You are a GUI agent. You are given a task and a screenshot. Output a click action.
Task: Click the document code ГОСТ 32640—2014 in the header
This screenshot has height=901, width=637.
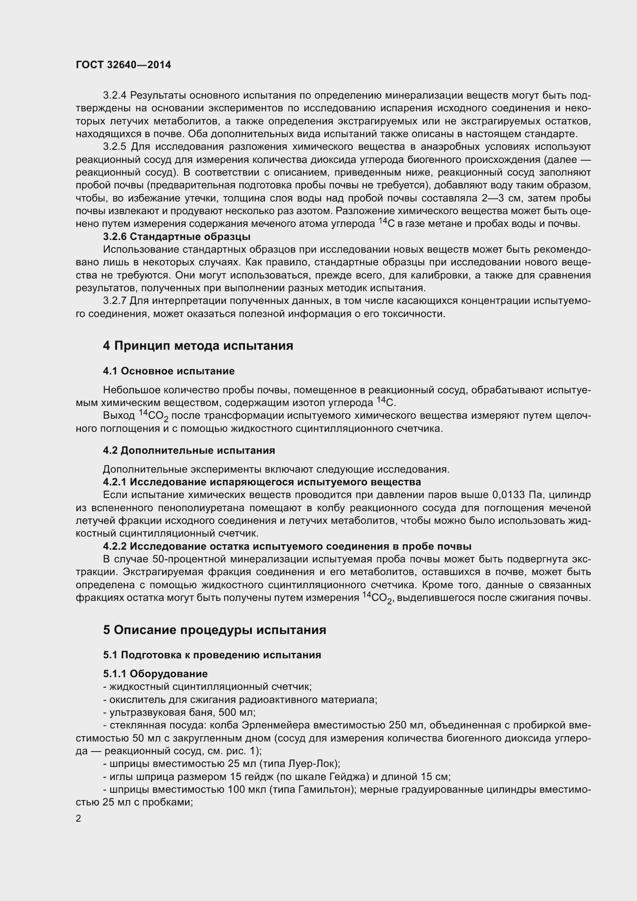pyautogui.click(x=123, y=65)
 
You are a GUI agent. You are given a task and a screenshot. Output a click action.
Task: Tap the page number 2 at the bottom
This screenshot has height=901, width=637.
pyautogui.click(x=79, y=818)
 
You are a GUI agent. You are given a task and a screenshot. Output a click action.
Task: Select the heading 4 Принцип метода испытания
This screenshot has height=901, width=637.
pyautogui.click(x=198, y=346)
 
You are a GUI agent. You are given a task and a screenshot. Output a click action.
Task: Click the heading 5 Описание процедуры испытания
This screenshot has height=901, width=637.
pyautogui.click(x=215, y=630)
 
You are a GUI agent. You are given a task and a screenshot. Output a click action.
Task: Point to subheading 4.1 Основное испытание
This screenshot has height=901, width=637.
pyautogui.click(x=169, y=371)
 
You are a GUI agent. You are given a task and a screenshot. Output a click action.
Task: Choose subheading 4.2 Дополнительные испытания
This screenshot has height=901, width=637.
pyautogui.click(x=189, y=450)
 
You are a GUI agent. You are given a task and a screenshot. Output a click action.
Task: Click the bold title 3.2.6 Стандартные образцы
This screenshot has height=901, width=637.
pyautogui.click(x=176, y=237)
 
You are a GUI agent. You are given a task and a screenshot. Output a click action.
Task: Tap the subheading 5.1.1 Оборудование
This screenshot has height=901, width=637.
pyautogui.click(x=155, y=673)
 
